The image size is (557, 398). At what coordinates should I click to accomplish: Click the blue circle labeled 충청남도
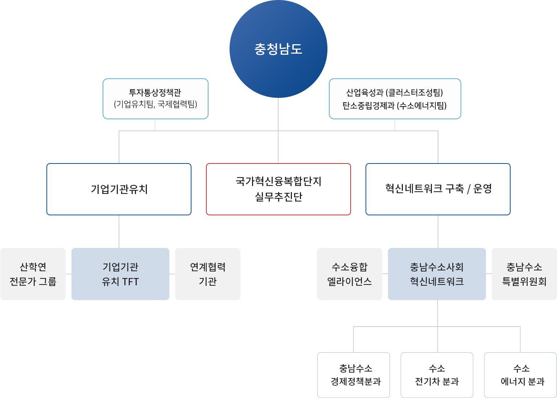pyautogui.click(x=278, y=49)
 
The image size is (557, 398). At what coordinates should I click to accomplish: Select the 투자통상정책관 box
pyautogui.click(x=156, y=99)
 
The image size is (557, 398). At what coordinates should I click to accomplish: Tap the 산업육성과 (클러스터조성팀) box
pyautogui.click(x=395, y=99)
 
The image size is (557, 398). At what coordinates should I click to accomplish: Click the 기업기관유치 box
pyautogui.click(x=119, y=189)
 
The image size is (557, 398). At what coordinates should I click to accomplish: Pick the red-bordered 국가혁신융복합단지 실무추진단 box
pyautogui.click(x=278, y=189)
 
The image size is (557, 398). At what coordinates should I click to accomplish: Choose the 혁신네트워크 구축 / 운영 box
pyautogui.click(x=438, y=189)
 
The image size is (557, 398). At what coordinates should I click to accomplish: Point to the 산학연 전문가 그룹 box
pyautogui.click(x=33, y=274)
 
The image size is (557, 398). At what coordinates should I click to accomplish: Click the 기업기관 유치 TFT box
pyautogui.click(x=120, y=274)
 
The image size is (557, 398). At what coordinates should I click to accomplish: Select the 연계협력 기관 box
pyautogui.click(x=208, y=274)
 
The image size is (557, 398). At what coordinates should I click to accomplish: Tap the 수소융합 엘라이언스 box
pyautogui.click(x=349, y=274)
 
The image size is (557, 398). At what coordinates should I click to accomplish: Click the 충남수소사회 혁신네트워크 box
pyautogui.click(x=437, y=274)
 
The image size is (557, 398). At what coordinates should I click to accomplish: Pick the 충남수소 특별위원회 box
pyautogui.click(x=524, y=274)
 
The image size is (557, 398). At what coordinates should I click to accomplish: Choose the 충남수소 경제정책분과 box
pyautogui.click(x=353, y=375)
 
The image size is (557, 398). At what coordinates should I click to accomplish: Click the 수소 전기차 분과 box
pyautogui.click(x=437, y=375)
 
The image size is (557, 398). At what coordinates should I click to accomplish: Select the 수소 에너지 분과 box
pyautogui.click(x=520, y=375)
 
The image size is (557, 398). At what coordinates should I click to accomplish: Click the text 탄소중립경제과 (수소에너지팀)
pyautogui.click(x=395, y=105)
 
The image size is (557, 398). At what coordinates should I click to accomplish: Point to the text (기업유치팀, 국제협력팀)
pyautogui.click(x=156, y=104)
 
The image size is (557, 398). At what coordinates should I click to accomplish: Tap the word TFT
pyautogui.click(x=131, y=282)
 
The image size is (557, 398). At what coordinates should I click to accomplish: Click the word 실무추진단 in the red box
pyautogui.click(x=278, y=196)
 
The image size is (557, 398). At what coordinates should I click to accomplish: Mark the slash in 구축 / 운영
pyautogui.click(x=469, y=189)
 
